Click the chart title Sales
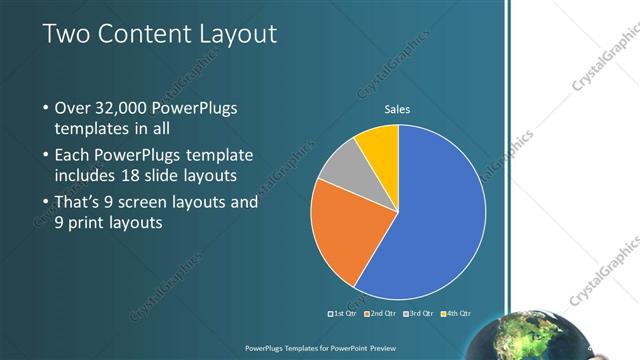tap(398, 109)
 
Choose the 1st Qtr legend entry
tap(345, 314)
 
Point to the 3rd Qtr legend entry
tap(418, 314)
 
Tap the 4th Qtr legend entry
tap(455, 314)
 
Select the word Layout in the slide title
tap(236, 35)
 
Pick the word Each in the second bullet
tap(73, 155)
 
